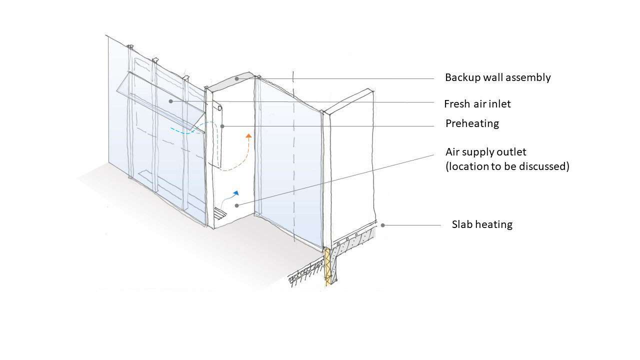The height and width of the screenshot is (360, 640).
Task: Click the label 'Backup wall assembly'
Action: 497,77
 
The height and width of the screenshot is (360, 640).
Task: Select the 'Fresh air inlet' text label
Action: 477,104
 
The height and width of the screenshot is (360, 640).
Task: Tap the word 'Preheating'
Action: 472,123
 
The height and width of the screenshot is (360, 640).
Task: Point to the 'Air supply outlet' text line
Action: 485,151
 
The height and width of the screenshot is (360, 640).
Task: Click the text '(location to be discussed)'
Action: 507,166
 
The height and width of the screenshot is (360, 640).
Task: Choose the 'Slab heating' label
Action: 482,224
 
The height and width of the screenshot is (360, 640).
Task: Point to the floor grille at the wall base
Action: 220,215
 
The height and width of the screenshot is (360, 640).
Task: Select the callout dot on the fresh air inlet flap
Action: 170,101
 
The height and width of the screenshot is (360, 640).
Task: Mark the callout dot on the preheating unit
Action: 223,126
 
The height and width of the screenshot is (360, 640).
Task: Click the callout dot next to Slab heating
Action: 383,225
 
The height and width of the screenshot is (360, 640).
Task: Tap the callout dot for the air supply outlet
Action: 236,205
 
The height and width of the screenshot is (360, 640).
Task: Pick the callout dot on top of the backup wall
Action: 236,79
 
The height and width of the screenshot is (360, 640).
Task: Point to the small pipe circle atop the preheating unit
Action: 219,108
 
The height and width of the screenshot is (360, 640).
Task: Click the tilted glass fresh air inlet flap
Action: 160,100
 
